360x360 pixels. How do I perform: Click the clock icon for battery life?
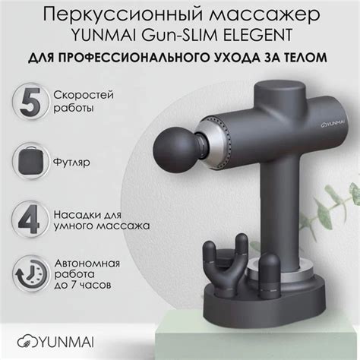pos(28,277)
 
